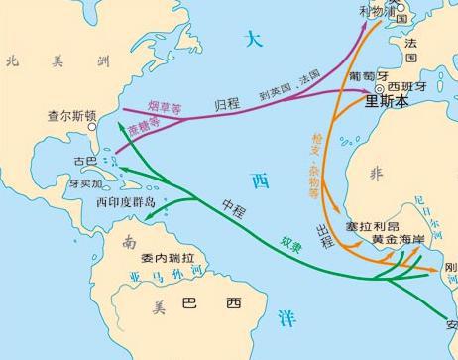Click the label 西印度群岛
(x=127, y=201)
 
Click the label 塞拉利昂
(x=370, y=227)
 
